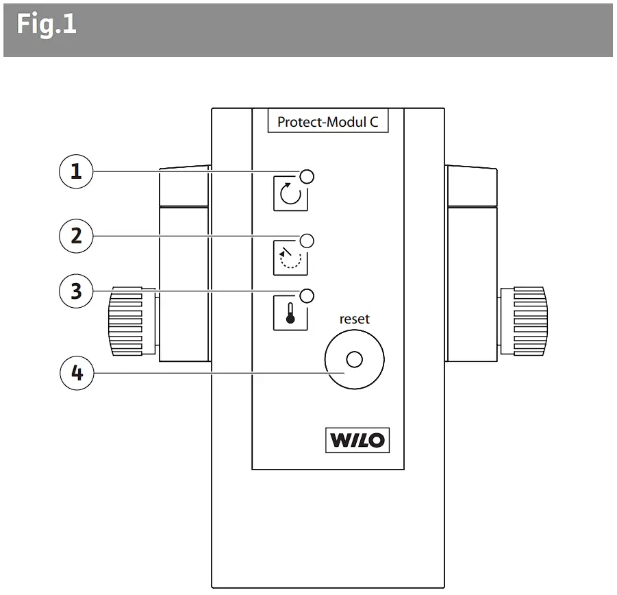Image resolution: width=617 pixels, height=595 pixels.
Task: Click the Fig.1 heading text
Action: pyautogui.click(x=47, y=25)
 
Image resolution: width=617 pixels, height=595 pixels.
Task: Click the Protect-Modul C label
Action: pyautogui.click(x=327, y=122)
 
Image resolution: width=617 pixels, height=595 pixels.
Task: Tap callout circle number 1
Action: pyautogui.click(x=77, y=171)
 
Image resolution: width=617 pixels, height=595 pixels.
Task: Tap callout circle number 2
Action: pyautogui.click(x=77, y=235)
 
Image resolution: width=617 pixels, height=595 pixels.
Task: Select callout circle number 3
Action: pyautogui.click(x=77, y=291)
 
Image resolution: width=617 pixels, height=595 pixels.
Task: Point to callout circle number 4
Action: pyautogui.click(x=77, y=374)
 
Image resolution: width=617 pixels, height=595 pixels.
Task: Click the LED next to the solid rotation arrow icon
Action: pyautogui.click(x=307, y=175)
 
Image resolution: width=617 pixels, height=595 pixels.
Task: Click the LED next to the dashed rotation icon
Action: pyautogui.click(x=307, y=240)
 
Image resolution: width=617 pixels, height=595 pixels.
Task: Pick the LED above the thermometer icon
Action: pyautogui.click(x=307, y=295)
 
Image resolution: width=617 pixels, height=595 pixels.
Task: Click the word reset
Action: pyautogui.click(x=354, y=319)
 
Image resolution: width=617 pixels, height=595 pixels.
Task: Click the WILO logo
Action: pyautogui.click(x=357, y=439)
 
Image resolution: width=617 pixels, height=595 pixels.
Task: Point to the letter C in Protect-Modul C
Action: pyautogui.click(x=374, y=122)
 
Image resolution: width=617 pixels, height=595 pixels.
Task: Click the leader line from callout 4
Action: pyautogui.click(x=205, y=374)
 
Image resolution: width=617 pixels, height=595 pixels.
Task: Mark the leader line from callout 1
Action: pyautogui.click(x=192, y=171)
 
